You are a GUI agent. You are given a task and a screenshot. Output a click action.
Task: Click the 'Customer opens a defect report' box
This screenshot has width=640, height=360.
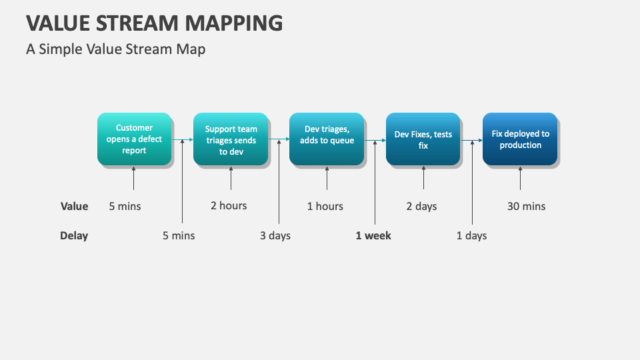(134, 139)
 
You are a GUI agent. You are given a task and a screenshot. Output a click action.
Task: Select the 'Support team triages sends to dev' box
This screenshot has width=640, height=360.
(231, 140)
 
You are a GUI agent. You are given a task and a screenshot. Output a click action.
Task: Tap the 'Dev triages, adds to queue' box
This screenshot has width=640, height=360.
(327, 139)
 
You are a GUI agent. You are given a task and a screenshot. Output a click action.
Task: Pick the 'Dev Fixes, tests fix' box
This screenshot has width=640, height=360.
(423, 139)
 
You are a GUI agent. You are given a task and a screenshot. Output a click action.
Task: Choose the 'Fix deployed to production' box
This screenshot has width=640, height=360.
(520, 139)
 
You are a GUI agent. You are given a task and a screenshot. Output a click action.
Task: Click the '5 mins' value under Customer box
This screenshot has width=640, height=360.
(125, 206)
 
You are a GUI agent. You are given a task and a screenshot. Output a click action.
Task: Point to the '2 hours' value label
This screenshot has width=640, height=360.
(229, 205)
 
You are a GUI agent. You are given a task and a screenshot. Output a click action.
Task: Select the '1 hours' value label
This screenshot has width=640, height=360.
(325, 206)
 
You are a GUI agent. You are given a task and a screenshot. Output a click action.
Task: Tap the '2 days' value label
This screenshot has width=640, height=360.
(421, 206)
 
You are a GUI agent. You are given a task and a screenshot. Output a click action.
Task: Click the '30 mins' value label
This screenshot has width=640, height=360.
(526, 206)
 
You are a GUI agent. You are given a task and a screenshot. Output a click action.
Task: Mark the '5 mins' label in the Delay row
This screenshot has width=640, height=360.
(179, 235)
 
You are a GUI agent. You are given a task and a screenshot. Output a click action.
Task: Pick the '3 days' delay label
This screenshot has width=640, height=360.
(275, 235)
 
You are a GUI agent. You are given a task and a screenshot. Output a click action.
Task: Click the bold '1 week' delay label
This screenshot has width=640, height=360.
(373, 235)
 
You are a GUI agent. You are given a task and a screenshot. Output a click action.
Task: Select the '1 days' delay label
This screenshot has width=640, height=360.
(471, 235)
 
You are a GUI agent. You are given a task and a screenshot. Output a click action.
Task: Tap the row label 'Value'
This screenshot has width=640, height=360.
(74, 206)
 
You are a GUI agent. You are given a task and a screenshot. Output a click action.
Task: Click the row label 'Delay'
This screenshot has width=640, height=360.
(74, 235)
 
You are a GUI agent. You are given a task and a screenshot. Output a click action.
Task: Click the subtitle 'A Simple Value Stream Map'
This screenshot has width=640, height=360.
(116, 49)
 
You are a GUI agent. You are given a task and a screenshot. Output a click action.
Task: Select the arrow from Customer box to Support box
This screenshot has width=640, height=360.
(183, 140)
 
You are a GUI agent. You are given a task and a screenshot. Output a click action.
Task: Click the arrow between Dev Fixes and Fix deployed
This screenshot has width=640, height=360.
(472, 140)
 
